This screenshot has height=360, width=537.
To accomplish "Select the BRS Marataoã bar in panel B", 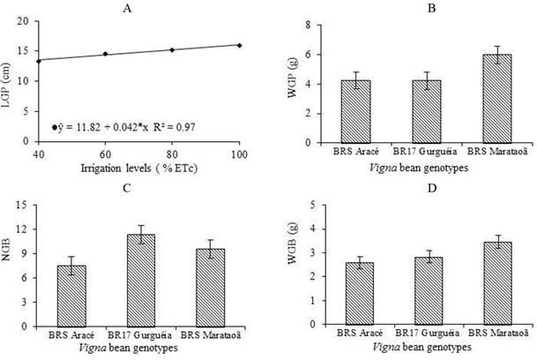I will (x=477, y=99).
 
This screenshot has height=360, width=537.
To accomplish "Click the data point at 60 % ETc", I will (x=106, y=54).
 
